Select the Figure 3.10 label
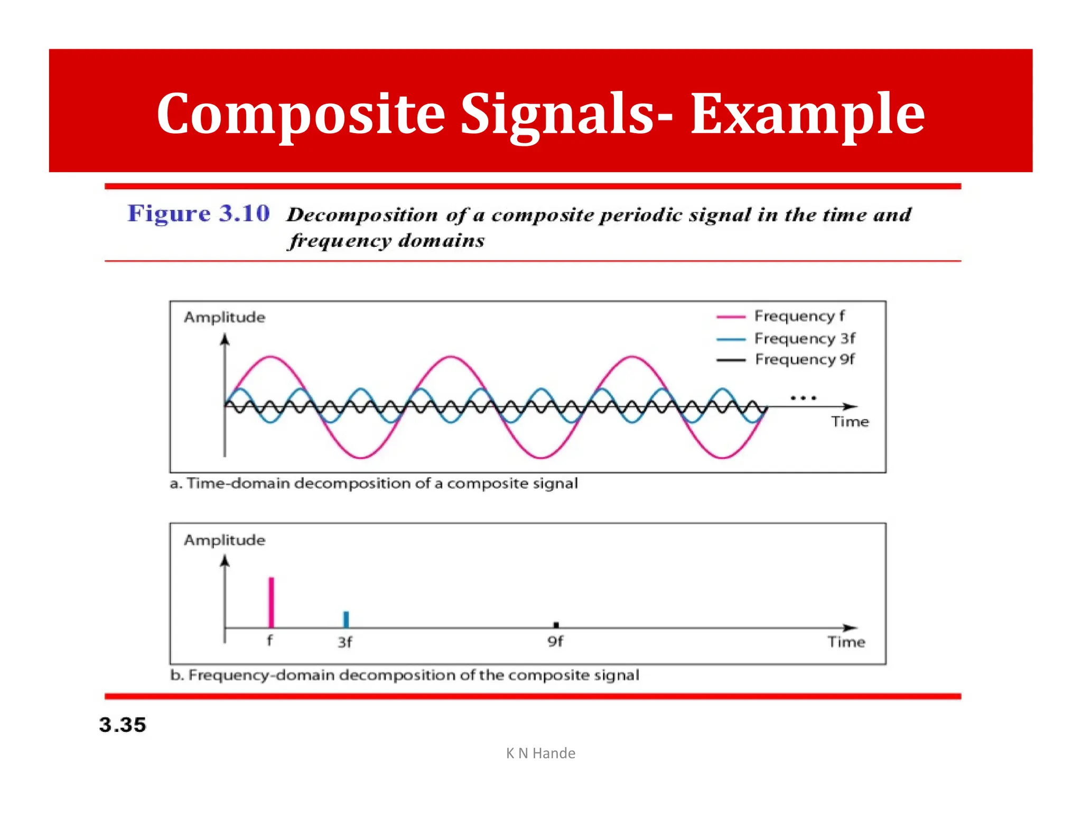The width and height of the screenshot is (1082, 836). (x=199, y=213)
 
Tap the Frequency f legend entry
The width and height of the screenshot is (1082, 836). (x=799, y=316)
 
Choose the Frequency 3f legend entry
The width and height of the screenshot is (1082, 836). (x=804, y=338)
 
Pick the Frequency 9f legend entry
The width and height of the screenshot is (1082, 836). (x=804, y=359)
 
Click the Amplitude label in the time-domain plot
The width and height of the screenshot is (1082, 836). (x=225, y=317)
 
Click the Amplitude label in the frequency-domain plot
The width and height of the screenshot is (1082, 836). (x=225, y=540)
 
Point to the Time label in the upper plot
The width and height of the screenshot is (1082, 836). (x=850, y=422)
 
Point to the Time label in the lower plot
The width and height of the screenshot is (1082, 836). (x=846, y=642)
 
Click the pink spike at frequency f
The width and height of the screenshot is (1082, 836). (x=271, y=602)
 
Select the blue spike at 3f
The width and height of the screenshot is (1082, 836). (x=346, y=619)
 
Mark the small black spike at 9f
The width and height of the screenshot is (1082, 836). (x=556, y=625)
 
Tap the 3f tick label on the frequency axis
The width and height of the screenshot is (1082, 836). (x=344, y=642)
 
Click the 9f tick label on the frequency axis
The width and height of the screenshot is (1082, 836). (x=555, y=642)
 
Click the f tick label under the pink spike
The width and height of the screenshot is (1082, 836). (x=269, y=640)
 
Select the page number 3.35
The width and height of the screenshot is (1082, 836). (x=122, y=725)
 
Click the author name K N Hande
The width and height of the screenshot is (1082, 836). (x=540, y=753)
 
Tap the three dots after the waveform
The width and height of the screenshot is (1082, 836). (x=803, y=397)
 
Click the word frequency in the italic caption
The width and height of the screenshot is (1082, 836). (x=341, y=241)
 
